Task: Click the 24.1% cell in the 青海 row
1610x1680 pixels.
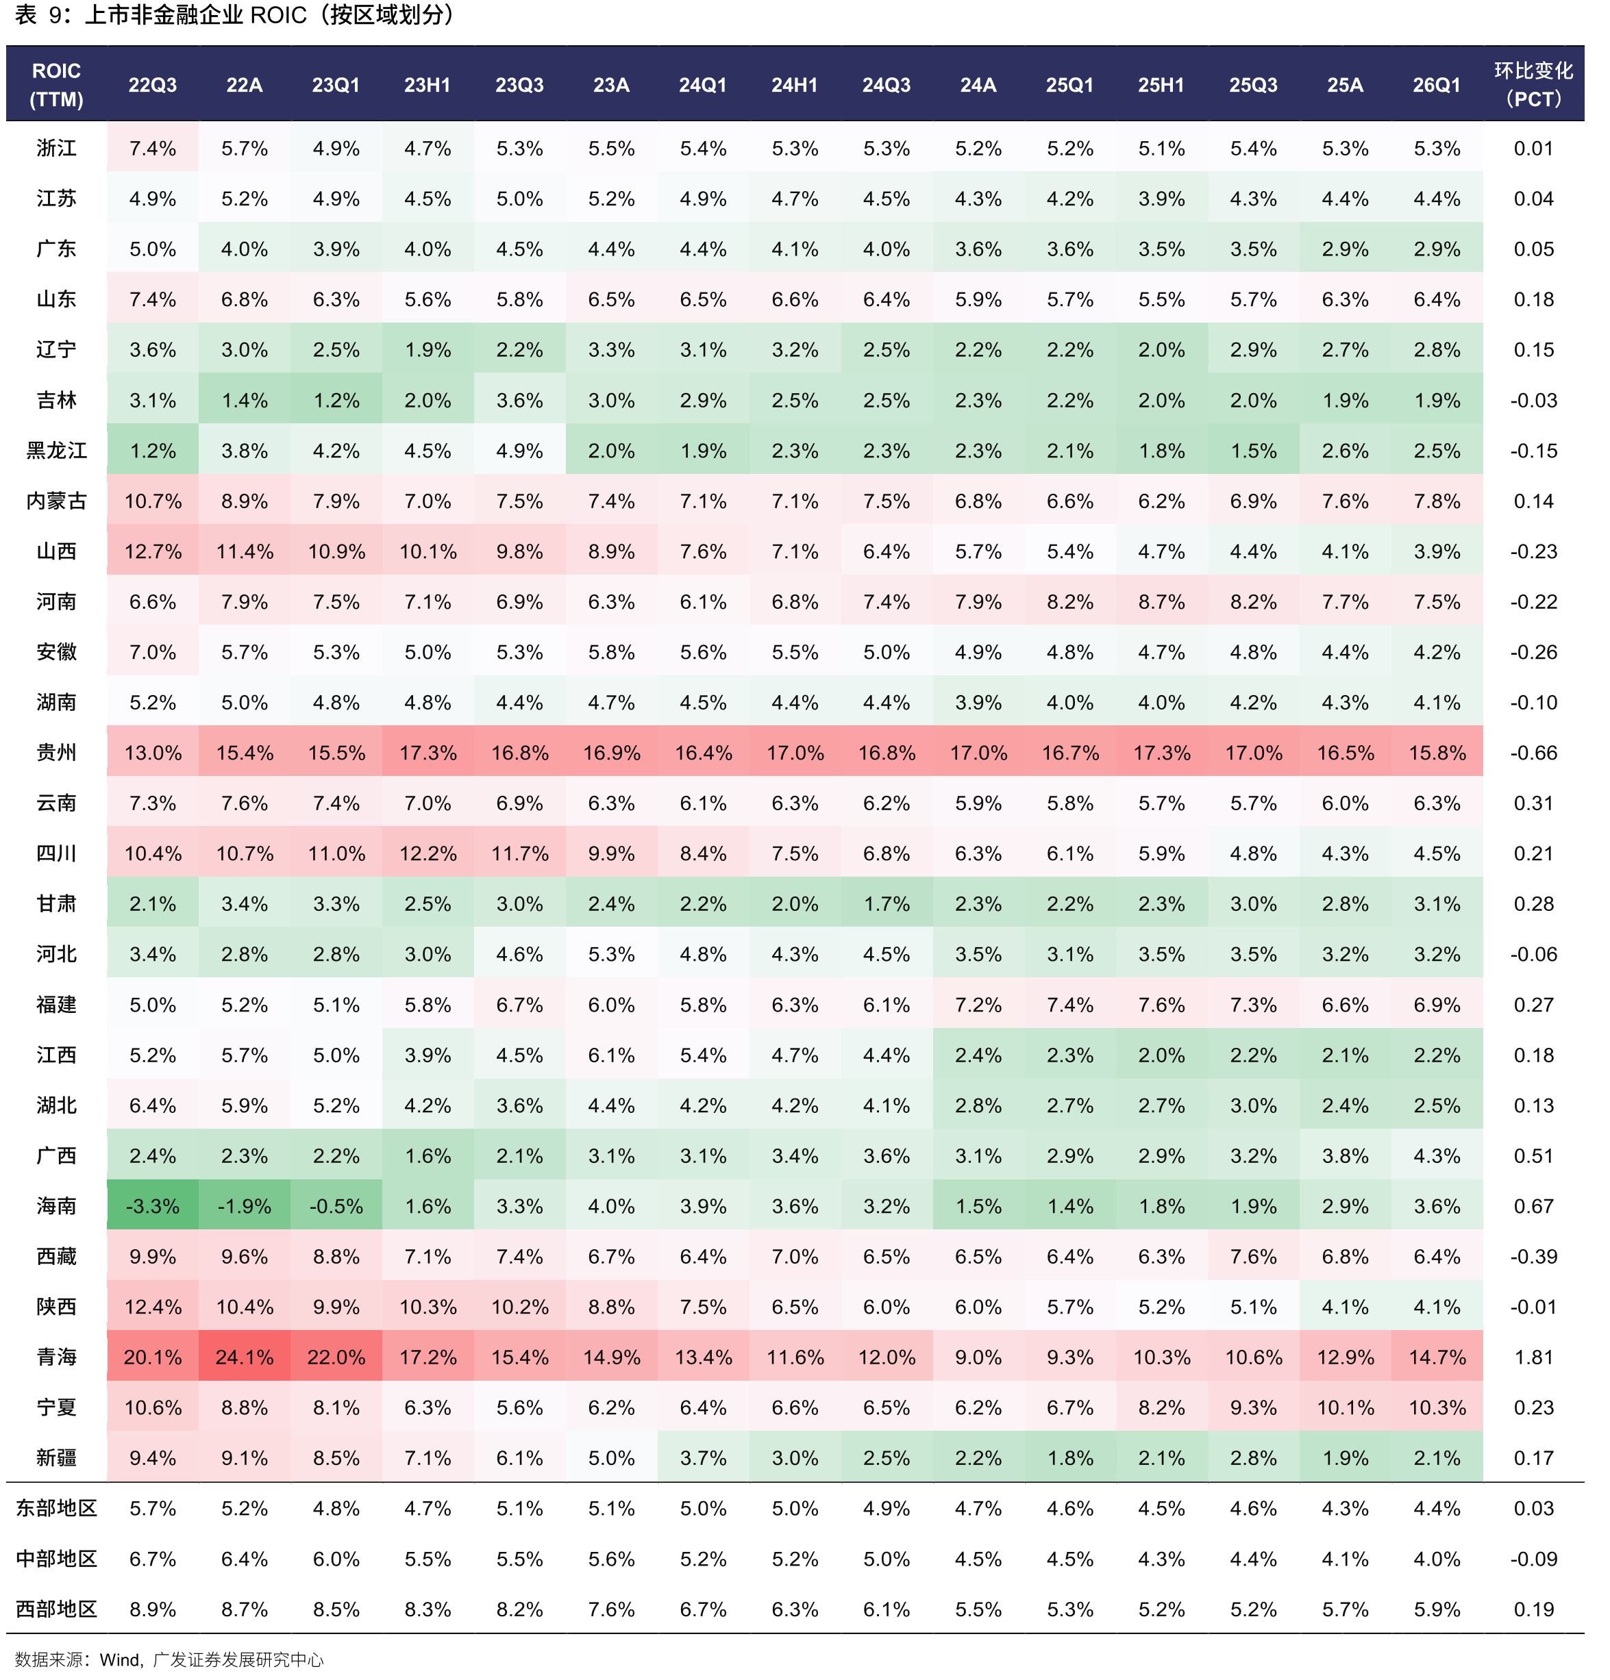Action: tap(245, 1357)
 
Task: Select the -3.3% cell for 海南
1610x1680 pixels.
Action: tap(153, 1206)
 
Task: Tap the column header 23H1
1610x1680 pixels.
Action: tap(428, 85)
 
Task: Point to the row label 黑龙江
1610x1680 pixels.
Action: tap(57, 450)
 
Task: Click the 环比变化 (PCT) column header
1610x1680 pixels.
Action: tap(1534, 84)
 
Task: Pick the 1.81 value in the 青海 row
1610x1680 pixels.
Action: tap(1534, 1357)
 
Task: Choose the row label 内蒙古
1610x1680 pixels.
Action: tap(57, 501)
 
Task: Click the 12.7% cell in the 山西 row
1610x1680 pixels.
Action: tap(153, 551)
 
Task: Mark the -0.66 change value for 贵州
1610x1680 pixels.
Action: tap(1534, 753)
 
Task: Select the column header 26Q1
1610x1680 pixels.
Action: tap(1437, 85)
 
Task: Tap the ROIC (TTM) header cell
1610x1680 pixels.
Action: tap(57, 84)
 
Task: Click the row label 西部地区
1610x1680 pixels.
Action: tap(57, 1609)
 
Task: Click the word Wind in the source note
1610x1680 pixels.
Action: tap(119, 1660)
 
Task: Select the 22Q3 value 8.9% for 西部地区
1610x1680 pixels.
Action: tap(153, 1609)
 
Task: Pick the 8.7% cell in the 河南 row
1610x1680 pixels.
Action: tap(1162, 602)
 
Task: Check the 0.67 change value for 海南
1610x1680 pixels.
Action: tap(1534, 1206)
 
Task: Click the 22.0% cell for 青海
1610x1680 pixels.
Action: tap(336, 1357)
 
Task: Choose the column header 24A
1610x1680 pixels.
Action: tap(978, 85)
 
